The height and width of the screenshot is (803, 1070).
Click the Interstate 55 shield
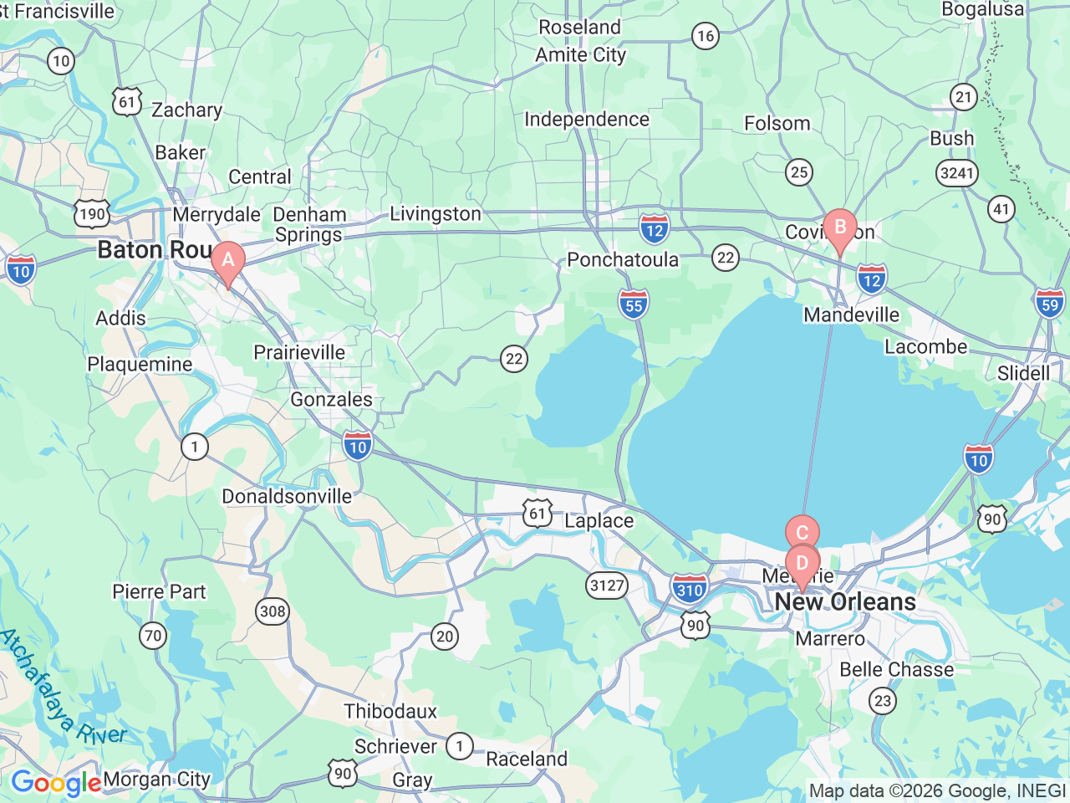click(634, 305)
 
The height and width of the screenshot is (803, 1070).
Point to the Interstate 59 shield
click(1049, 303)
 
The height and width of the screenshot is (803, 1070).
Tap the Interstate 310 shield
click(690, 590)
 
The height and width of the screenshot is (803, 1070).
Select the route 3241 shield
click(956, 173)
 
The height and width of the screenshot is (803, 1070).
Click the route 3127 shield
click(607, 586)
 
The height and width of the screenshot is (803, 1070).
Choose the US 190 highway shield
click(91, 213)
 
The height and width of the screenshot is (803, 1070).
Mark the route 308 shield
click(273, 611)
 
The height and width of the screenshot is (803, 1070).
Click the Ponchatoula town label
click(623, 260)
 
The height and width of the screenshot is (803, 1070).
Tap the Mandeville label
click(851, 315)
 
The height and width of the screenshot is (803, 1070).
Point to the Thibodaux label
click(390, 712)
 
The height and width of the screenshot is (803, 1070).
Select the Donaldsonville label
click(287, 497)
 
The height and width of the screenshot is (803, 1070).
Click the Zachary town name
click(186, 110)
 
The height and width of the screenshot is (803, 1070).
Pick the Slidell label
click(1023, 373)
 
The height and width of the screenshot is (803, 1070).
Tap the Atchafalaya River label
click(63, 688)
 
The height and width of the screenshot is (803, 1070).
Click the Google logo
click(56, 783)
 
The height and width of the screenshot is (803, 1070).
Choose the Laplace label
click(599, 521)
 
